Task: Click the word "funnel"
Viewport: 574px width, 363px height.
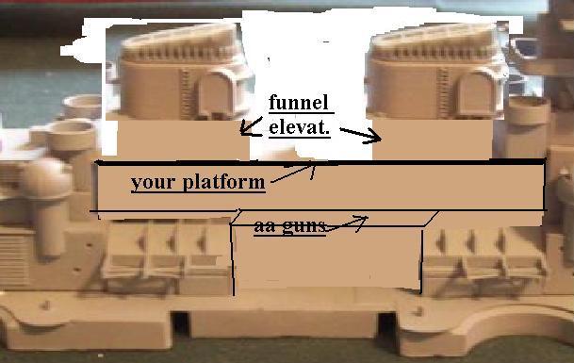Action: [299, 103]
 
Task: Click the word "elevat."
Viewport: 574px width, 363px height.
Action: [300, 127]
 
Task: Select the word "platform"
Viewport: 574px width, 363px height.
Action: [223, 182]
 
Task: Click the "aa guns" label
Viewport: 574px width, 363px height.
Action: [289, 226]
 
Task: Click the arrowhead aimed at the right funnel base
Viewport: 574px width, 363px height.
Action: [373, 138]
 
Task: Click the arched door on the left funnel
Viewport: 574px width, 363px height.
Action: [217, 93]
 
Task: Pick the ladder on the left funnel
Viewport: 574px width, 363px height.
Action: [187, 93]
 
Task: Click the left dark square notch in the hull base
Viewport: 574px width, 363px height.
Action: [180, 323]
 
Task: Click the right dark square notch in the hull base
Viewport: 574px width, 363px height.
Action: [387, 323]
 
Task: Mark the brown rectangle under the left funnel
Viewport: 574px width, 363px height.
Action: [182, 140]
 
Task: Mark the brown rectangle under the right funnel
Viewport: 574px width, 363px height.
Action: [432, 139]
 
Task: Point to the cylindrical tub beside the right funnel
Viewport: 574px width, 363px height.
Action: [527, 110]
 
